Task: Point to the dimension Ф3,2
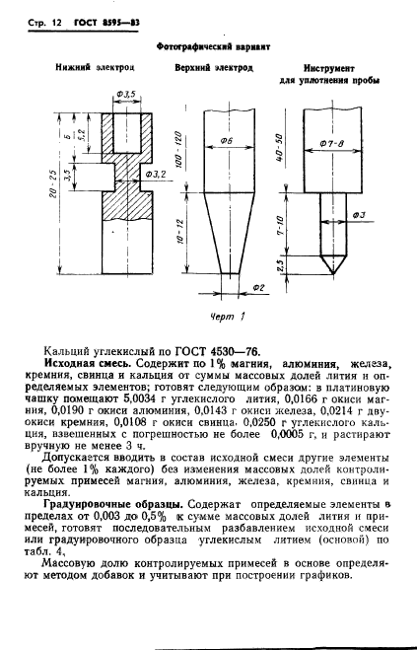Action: coord(154,174)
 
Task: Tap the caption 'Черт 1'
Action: coord(228,318)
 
